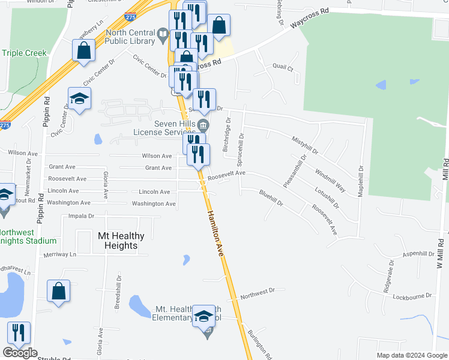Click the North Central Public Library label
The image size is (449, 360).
pyautogui.click(x=129, y=37)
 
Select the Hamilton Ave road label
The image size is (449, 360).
pyautogui.click(x=215, y=234)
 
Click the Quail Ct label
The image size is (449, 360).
pyautogui.click(x=282, y=68)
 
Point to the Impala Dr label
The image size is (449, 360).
pyautogui.click(x=82, y=216)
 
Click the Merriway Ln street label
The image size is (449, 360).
pyautogui.click(x=61, y=255)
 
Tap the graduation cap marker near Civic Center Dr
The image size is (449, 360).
pyautogui.click(x=79, y=99)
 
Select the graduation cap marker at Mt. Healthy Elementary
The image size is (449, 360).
pyautogui.click(x=203, y=316)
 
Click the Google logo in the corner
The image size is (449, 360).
pyautogui.click(x=20, y=353)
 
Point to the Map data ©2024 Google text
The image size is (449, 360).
pyautogui.click(x=411, y=355)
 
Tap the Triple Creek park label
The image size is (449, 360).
pyautogui.click(x=24, y=53)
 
